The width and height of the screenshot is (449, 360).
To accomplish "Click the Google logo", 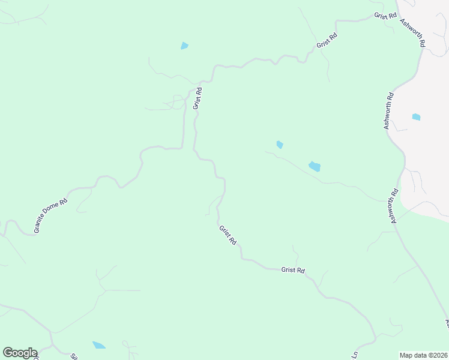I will click(20, 353).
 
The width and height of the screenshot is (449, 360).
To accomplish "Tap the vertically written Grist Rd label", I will click(197, 98).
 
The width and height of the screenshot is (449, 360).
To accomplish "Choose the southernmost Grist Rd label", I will click(293, 270).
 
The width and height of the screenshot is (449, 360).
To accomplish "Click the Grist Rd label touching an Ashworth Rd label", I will click(385, 16).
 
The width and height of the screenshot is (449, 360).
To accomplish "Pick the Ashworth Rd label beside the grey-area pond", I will click(389, 110).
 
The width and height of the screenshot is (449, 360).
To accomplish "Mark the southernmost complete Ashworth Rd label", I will click(394, 206).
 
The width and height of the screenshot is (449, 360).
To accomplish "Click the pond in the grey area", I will click(416, 116).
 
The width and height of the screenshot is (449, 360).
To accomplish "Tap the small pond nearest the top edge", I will click(184, 46).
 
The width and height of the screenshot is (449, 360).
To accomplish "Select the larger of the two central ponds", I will click(315, 166).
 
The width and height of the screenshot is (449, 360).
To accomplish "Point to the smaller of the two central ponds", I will click(279, 144).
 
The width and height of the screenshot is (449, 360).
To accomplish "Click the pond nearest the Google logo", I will click(98, 345).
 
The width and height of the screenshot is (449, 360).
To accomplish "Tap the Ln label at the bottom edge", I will click(355, 355).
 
